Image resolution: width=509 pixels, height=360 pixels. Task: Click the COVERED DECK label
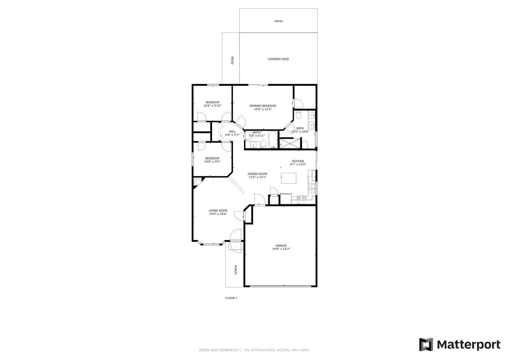click(x=278, y=59)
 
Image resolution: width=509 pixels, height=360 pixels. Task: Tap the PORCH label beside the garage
click(x=235, y=269)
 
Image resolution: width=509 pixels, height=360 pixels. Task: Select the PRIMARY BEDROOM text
click(x=263, y=106)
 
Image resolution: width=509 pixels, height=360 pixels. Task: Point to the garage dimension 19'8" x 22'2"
click(x=281, y=249)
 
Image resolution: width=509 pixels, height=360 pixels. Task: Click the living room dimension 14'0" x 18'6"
click(x=218, y=214)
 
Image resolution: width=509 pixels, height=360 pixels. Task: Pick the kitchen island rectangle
click(x=289, y=178)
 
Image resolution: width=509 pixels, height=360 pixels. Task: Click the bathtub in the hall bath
click(x=273, y=139)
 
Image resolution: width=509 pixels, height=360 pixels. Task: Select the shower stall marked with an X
click(x=290, y=143)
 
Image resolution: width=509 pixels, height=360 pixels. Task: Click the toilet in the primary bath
click(x=298, y=115)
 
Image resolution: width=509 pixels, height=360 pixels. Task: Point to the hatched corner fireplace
click(x=197, y=182)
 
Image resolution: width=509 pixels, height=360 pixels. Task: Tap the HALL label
click(x=232, y=131)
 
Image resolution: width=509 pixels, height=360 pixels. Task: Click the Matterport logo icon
click(x=426, y=345)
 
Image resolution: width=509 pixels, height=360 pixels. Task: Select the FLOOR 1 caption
click(x=231, y=298)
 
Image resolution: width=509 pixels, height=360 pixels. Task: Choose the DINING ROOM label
click(x=257, y=174)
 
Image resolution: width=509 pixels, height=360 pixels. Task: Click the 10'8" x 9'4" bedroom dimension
click(x=212, y=162)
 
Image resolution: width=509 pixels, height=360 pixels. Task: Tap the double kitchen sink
click(x=312, y=189)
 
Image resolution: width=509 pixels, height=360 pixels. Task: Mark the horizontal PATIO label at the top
click(x=278, y=21)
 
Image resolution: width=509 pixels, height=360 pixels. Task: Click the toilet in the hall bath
click(x=263, y=144)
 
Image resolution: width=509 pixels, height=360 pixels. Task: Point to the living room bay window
click(x=211, y=244)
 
